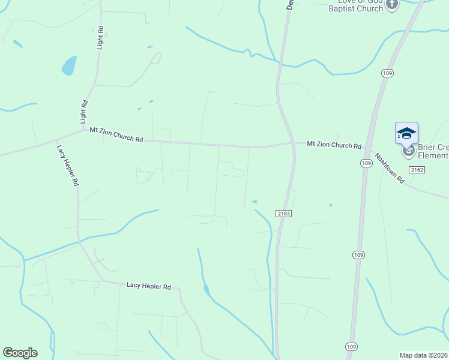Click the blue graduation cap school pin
(x=406, y=133)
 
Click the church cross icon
(x=392, y=5)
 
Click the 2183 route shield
(x=284, y=214)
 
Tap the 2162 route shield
(x=418, y=170)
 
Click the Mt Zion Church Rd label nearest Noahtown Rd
(x=334, y=145)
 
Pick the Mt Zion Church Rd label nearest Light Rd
(x=116, y=134)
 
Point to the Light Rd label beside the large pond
(x=100, y=40)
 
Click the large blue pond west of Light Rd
(x=69, y=65)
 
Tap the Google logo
(x=20, y=353)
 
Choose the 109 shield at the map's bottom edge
(x=352, y=347)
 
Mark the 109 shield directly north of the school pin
(x=387, y=73)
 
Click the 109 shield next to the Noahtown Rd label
(x=366, y=163)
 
